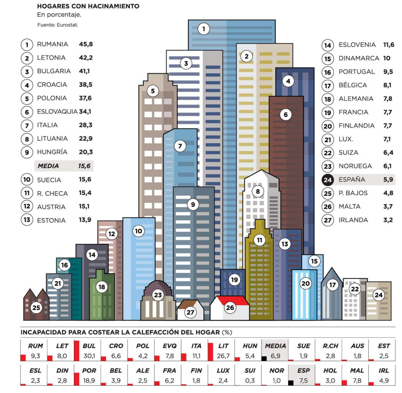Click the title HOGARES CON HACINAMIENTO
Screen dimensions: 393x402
coord(88,7)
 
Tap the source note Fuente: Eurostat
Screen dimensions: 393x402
coord(58,25)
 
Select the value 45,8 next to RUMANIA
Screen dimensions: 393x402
coord(86,44)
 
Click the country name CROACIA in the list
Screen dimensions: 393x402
coord(52,84)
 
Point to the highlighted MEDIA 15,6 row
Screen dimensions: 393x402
coord(64,166)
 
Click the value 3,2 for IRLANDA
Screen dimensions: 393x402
coord(388,220)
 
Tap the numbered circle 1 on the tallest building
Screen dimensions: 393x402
coord(203,29)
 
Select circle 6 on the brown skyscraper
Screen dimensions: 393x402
coord(286,115)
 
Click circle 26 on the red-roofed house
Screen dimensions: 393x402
coord(230,307)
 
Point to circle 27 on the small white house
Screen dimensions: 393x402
coord(190,312)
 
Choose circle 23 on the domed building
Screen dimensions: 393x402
coord(158,295)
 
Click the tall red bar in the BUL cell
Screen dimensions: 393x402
coord(76,349)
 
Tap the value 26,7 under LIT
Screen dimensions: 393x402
coord(222,356)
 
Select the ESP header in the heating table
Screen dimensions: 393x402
coord(303,370)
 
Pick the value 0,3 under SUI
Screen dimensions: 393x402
coord(250,381)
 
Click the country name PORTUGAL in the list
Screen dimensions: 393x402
coord(356,72)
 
